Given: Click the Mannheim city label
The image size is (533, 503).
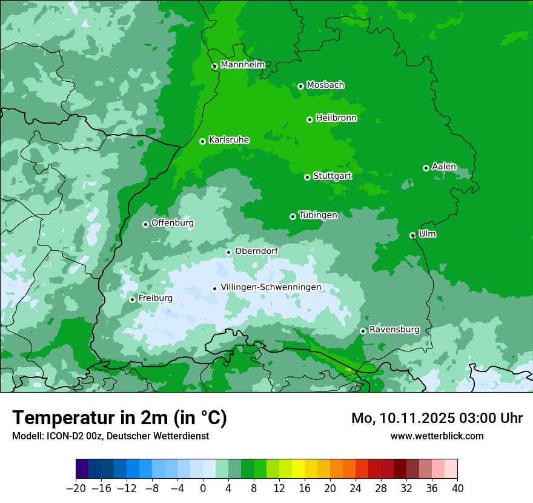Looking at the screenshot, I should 242,65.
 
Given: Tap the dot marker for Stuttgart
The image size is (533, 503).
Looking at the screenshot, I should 307,177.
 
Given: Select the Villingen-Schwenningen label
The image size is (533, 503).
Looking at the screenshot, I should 271,287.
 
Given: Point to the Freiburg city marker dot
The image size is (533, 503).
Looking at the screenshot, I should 132,299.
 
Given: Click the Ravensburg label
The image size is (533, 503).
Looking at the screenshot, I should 394,330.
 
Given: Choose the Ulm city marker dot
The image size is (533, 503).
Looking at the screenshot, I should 412,235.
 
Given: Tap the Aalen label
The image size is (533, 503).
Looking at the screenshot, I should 444,167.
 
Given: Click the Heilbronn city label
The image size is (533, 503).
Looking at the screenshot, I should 336,118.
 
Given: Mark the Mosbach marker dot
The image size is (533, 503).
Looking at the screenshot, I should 300,86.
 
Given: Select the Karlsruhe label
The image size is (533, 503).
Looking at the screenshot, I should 229,140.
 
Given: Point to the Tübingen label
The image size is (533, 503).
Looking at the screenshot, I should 318,215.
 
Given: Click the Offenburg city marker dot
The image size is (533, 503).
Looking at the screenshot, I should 145,224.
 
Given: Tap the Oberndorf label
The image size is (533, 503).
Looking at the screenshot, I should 257,251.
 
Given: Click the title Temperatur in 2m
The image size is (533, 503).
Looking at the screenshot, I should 119,418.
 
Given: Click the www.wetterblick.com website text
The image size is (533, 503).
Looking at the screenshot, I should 437,436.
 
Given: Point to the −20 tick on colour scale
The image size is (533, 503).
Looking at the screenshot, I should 76,488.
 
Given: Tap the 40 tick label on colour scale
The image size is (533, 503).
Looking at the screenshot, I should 457,488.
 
